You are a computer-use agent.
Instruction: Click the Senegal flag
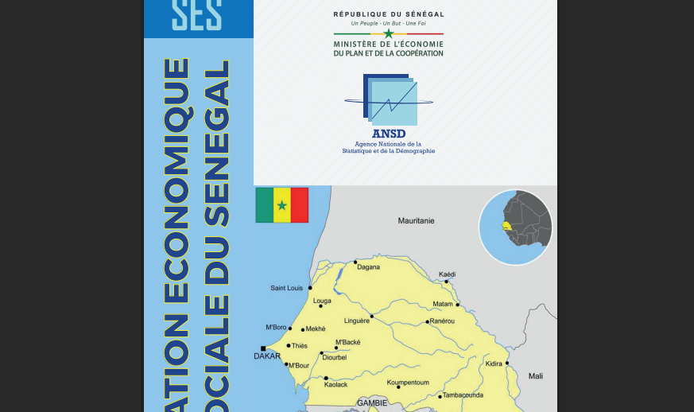[x=281, y=205]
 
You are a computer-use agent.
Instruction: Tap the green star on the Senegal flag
[x=281, y=205]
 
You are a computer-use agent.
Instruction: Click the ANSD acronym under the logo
[x=388, y=134]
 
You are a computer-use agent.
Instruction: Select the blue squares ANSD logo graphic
[x=390, y=100]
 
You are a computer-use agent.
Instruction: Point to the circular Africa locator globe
[x=516, y=227]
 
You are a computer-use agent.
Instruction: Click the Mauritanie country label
[x=416, y=220]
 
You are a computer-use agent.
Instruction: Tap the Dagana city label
[x=368, y=267]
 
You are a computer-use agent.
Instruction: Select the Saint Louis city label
[x=286, y=288]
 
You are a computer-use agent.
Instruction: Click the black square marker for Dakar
[x=263, y=348]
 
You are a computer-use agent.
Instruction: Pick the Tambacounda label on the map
[x=463, y=395]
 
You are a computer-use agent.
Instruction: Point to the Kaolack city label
[x=336, y=385]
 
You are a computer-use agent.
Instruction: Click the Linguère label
[x=356, y=321]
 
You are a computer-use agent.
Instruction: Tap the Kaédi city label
[x=447, y=274]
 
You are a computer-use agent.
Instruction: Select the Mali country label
[x=536, y=376]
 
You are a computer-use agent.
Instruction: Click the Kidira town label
[x=494, y=364]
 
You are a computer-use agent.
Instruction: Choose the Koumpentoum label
[x=408, y=383]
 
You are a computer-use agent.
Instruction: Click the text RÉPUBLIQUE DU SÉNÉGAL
[x=389, y=14]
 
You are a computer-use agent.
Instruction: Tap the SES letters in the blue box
[x=196, y=14]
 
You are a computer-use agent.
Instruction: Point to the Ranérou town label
[x=441, y=321]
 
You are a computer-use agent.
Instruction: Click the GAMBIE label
[x=371, y=403]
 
